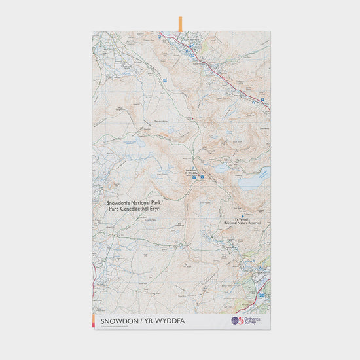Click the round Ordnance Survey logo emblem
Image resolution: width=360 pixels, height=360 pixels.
pos(236,321)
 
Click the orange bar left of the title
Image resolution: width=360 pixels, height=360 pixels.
pos(96,320)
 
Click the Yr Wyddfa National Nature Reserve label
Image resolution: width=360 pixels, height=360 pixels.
pos(243,221)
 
